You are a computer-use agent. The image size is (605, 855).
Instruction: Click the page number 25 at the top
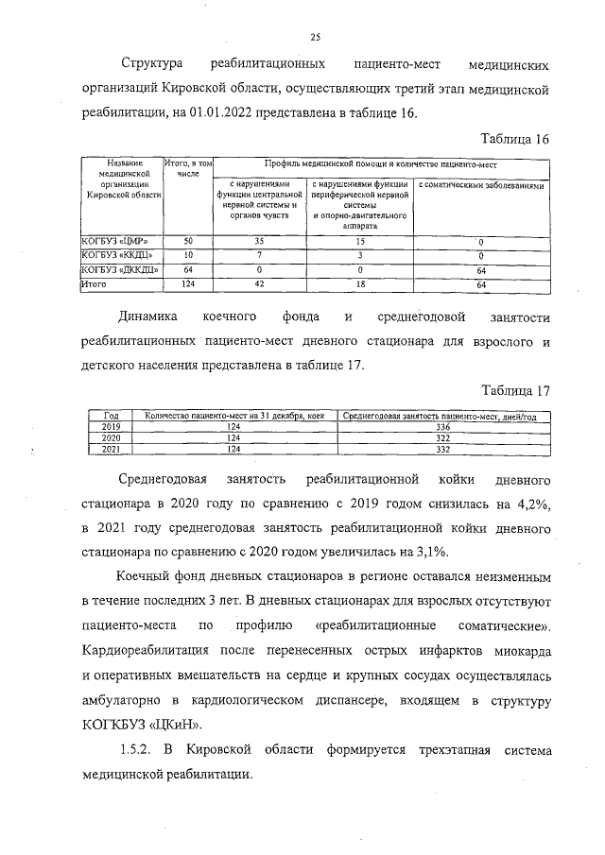click(316, 37)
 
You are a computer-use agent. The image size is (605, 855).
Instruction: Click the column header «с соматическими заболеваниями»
click(481, 186)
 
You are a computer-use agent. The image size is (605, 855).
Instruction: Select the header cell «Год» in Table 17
click(111, 417)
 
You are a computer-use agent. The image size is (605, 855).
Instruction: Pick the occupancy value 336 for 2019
click(441, 427)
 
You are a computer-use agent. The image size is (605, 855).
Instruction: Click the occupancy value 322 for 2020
click(441, 437)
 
